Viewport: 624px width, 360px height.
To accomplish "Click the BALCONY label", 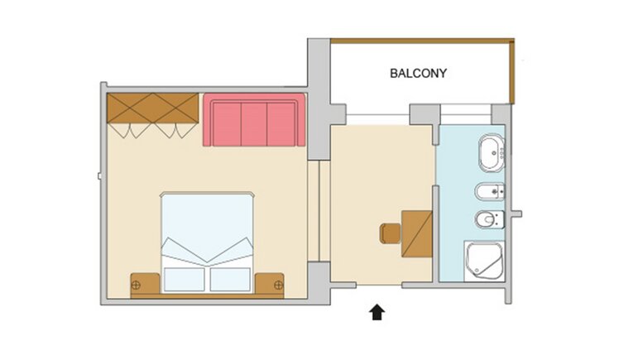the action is click(418, 73).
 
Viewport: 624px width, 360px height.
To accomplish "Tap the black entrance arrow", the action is click(377, 312).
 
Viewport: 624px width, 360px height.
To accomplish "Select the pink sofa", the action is click(254, 120).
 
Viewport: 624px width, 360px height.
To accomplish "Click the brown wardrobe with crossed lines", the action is click(153, 108).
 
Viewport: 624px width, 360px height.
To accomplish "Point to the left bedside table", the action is click(146, 284).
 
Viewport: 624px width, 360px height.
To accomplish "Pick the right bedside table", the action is click(270, 284).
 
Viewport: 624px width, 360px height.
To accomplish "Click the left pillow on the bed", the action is click(185, 279).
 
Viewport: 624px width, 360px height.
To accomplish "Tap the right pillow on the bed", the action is click(230, 279).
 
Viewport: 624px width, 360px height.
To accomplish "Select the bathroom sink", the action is click(492, 153).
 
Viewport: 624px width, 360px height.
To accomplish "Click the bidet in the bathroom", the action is click(490, 192).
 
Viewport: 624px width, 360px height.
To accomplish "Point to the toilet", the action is click(490, 219).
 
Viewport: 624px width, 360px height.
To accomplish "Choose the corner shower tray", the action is click(484, 261).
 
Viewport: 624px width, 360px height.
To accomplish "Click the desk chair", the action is click(391, 233).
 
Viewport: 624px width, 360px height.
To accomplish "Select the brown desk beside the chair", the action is click(416, 234).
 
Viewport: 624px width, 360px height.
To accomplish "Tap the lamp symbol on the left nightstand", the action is click(136, 285).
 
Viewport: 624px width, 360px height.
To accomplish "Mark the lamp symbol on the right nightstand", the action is click(279, 285).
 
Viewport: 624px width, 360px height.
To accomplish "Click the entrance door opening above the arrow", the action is click(379, 285).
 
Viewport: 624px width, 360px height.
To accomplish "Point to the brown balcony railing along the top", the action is click(422, 41).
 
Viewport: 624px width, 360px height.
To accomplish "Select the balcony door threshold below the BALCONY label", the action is click(377, 115).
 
